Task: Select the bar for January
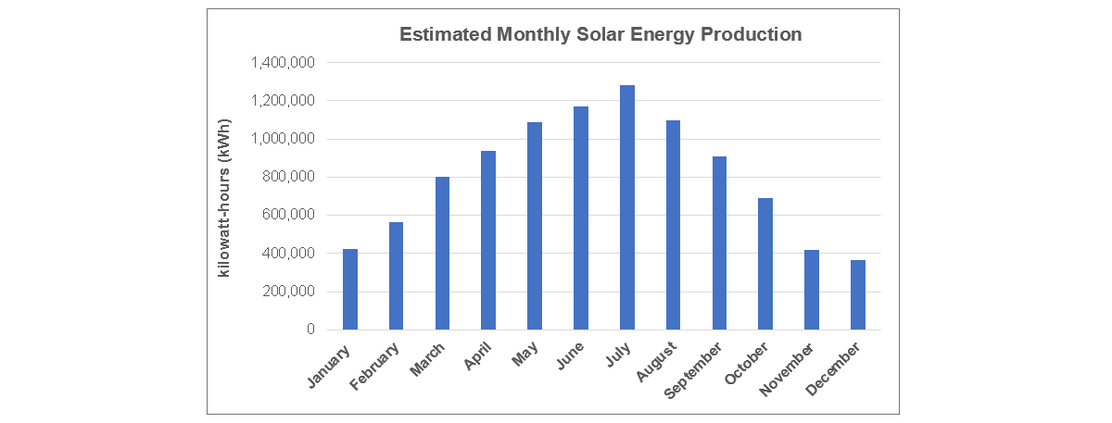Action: [350, 289]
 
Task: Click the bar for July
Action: [627, 207]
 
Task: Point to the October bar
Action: [765, 264]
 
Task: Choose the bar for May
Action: [535, 226]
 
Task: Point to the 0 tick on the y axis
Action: [310, 330]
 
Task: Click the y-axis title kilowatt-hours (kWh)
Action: [224, 197]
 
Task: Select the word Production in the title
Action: [752, 35]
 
